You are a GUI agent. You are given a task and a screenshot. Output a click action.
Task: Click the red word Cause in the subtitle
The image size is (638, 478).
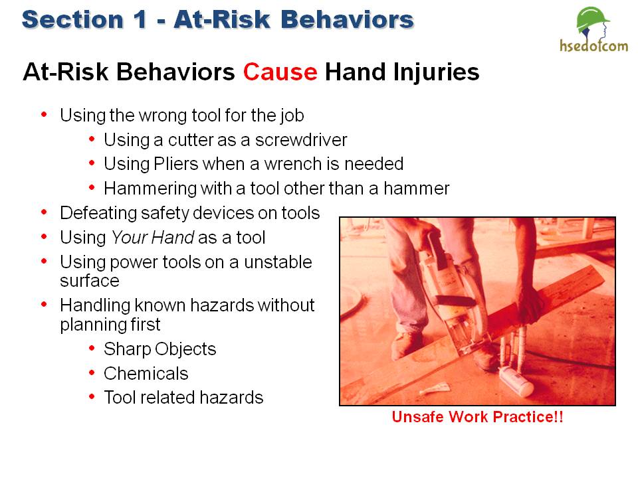[x=280, y=72]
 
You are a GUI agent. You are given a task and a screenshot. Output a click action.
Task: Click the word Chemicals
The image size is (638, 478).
[x=146, y=373]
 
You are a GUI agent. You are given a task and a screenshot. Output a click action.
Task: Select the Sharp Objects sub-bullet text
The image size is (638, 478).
[x=159, y=349]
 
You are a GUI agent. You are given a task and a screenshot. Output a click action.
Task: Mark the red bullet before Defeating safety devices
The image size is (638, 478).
[x=45, y=212]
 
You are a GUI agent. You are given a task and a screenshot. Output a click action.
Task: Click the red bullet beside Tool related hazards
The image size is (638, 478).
[x=90, y=397]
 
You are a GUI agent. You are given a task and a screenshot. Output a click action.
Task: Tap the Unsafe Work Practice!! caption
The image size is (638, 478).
[x=477, y=418]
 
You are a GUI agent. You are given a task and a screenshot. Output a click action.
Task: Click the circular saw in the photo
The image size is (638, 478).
[x=452, y=292]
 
